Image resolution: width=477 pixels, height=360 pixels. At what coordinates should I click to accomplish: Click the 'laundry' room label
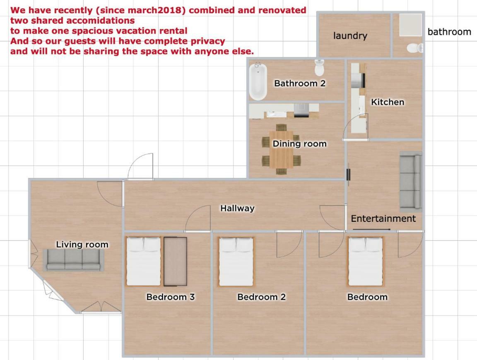(350, 36)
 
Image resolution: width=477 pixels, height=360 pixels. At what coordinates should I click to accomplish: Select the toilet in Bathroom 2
(319, 67)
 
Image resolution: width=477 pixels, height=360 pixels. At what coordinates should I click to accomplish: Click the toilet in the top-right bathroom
(415, 48)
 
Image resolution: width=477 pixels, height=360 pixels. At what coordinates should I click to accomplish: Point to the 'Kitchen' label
(388, 102)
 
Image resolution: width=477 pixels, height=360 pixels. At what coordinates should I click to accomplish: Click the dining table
(282, 149)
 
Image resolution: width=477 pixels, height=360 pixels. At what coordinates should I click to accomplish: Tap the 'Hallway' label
(237, 208)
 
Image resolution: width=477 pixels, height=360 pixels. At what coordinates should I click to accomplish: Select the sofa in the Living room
(73, 260)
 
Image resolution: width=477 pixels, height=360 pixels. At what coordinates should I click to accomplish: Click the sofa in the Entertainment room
(411, 182)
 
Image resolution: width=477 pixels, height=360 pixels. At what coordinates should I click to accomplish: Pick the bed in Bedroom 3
(144, 261)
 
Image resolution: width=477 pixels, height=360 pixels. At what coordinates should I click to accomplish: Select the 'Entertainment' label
(383, 218)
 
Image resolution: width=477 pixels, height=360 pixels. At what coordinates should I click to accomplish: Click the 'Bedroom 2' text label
(262, 297)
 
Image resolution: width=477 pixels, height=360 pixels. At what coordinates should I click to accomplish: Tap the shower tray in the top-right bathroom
(411, 25)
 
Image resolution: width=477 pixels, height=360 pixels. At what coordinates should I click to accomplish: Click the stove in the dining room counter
(301, 110)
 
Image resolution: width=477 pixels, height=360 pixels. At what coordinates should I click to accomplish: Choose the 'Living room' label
(82, 245)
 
